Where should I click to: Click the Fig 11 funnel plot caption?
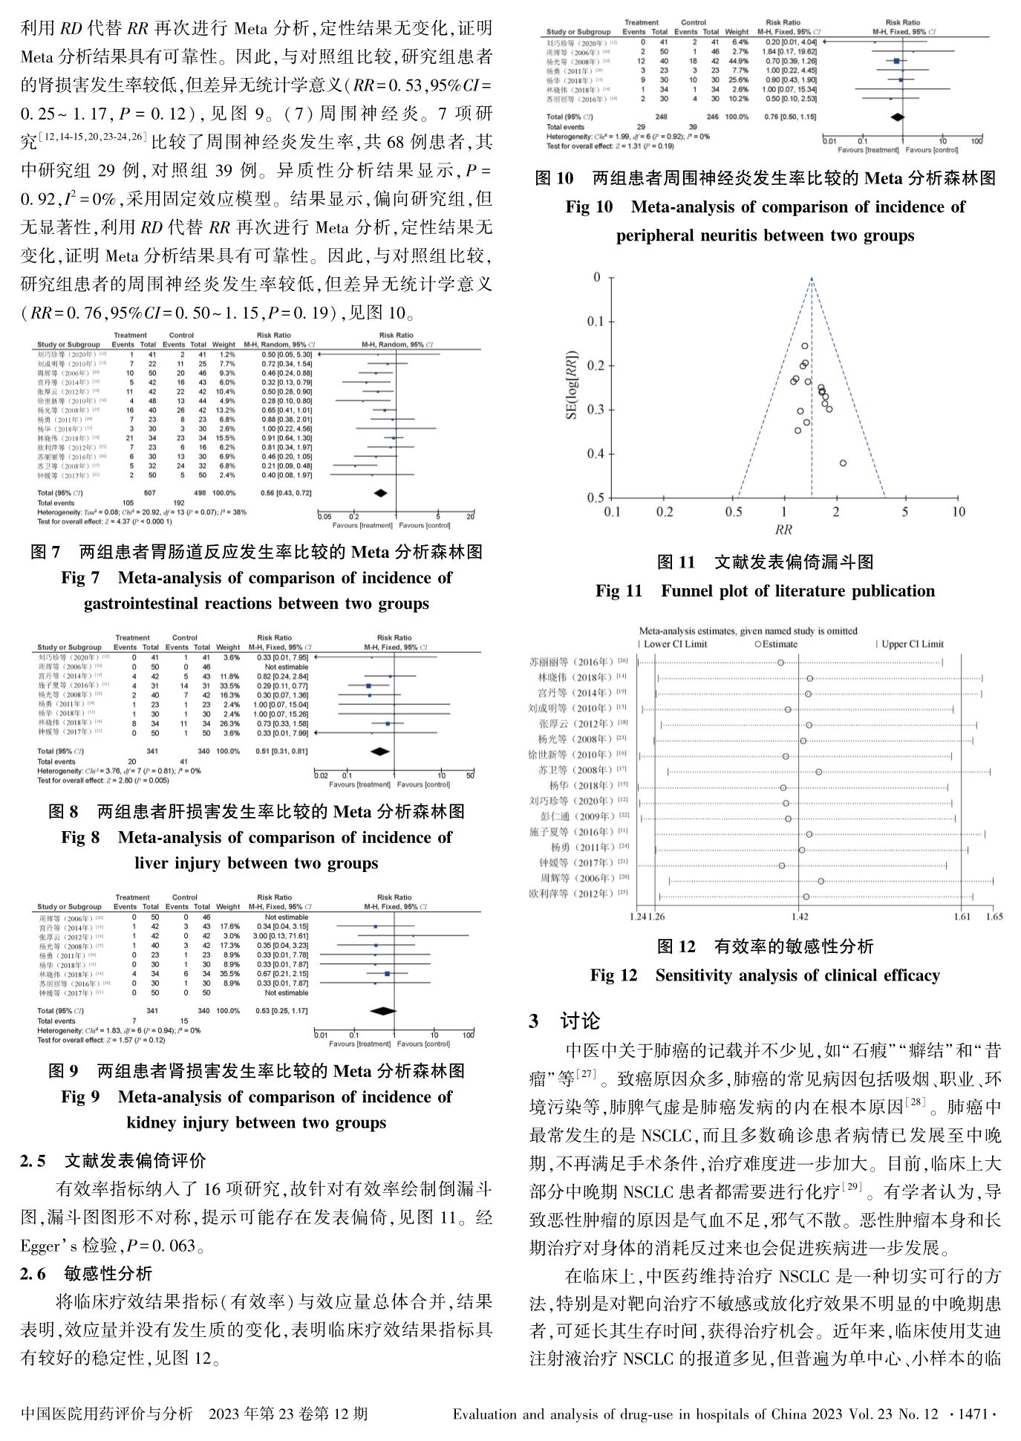coord(765,591)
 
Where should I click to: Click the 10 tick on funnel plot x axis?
coord(958,512)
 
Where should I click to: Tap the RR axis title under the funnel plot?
coord(783,530)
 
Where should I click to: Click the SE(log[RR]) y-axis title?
coord(572,386)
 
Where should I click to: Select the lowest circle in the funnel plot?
coord(843,463)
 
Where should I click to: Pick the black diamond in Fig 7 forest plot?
coord(380,493)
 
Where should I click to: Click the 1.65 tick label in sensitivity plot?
coord(994,917)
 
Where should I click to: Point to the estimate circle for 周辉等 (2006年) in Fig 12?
coord(821,881)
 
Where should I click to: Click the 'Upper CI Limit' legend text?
coord(912,644)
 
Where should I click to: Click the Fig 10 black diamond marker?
coord(897,117)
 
